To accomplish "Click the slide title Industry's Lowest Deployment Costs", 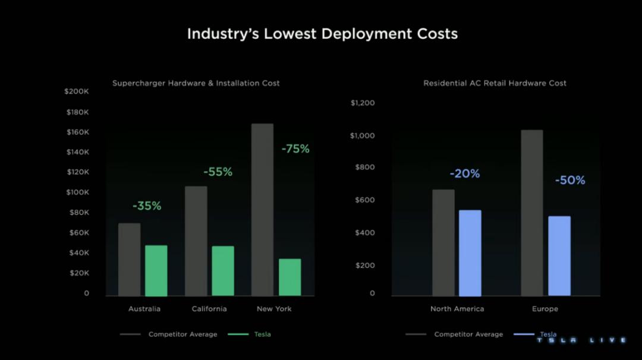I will [322, 33].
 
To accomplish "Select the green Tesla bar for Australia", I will [156, 270].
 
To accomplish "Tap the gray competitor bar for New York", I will [262, 209].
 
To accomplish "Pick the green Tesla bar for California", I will [223, 271].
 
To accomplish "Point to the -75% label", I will [295, 149].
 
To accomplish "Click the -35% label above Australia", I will [147, 206].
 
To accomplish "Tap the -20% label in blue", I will [465, 174].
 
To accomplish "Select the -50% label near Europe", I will [570, 180].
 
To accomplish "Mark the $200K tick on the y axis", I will [77, 91].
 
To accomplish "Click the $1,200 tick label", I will [363, 103].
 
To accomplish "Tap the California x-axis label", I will [209, 309].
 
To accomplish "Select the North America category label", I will [457, 309].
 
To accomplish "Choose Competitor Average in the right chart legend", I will [468, 334].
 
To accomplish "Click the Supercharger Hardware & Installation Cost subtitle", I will [196, 83].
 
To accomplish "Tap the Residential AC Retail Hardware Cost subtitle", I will [495, 83].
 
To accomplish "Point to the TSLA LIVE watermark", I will [581, 340].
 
